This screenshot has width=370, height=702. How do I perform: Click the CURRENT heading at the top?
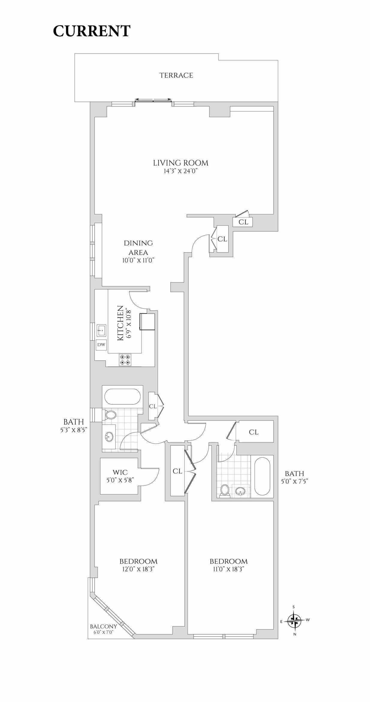(92, 31)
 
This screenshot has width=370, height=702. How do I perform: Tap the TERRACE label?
(176, 76)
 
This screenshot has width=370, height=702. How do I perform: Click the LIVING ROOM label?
(181, 163)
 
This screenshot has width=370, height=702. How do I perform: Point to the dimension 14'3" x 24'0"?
(181, 171)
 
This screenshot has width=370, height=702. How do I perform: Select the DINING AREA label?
(138, 247)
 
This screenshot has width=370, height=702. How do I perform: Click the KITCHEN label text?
(120, 323)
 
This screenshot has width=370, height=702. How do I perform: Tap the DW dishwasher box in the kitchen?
(101, 345)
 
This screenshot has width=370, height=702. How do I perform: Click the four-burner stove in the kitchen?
(125, 360)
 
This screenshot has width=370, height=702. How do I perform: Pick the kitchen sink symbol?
(101, 330)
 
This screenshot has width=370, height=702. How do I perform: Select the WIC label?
(120, 472)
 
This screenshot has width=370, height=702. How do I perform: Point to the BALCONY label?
(103, 626)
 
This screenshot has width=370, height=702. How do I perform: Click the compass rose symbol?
(295, 621)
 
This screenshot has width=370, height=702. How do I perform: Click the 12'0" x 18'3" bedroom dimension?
(138, 569)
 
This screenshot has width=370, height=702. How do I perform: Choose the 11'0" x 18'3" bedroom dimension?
(229, 569)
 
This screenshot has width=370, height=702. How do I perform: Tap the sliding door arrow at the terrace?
(153, 99)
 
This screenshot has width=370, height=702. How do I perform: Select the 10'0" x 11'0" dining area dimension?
(138, 260)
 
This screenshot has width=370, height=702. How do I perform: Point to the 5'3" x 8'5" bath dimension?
(73, 430)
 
